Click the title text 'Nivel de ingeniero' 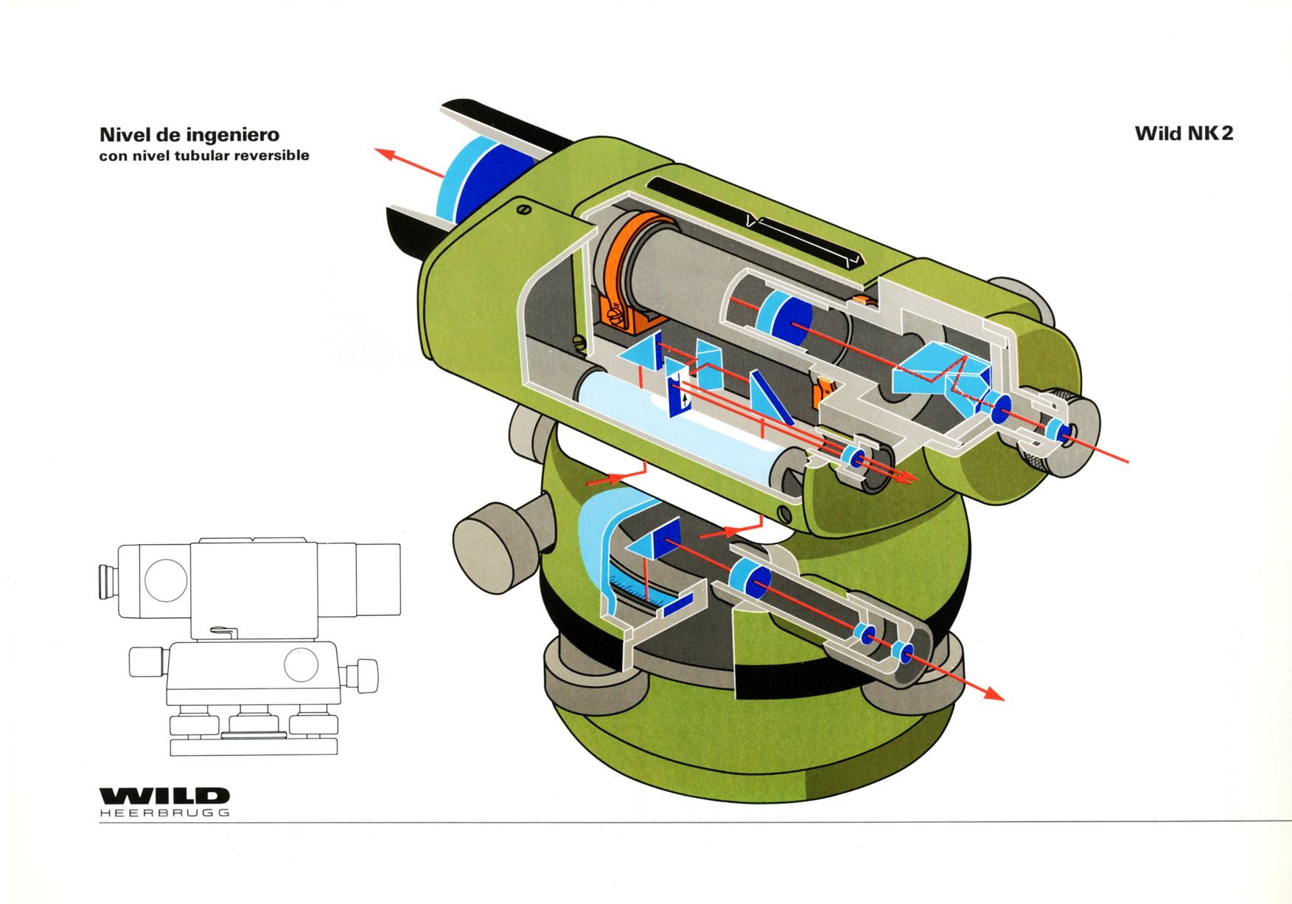coord(189,135)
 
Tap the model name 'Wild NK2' coord(1184,133)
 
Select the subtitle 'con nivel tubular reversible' coord(204,156)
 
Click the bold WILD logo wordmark coord(164,796)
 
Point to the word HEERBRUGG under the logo coord(164,813)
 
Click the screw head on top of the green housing coord(524,209)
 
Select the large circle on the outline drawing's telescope coord(166,579)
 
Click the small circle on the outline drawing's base coord(301,664)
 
